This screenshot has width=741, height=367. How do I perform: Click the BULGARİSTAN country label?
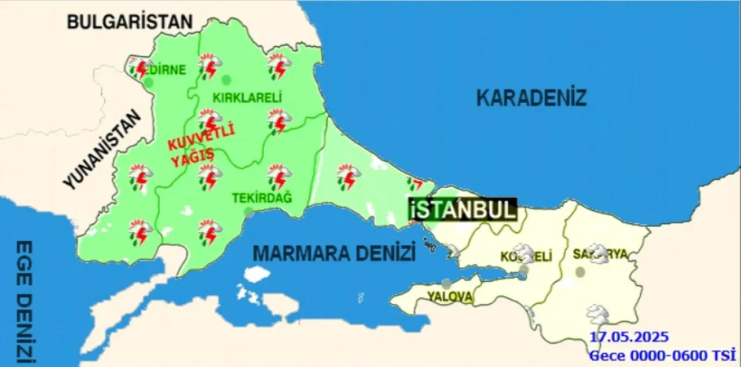129,22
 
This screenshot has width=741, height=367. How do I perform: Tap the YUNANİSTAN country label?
102,150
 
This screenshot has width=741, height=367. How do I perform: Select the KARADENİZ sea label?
531,98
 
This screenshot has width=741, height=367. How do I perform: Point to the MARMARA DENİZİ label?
335,253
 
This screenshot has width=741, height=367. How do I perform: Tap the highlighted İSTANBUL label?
463,210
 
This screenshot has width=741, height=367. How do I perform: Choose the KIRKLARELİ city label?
247,98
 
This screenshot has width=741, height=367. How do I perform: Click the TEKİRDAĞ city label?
262,198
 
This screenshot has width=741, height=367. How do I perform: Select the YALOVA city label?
449,296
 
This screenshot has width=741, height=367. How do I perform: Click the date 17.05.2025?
629,337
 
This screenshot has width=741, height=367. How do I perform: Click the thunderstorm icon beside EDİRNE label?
140,68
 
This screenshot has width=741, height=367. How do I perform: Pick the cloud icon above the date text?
597,315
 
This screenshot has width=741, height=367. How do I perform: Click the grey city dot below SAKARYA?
580,271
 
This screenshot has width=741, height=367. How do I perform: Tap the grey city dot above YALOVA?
446,284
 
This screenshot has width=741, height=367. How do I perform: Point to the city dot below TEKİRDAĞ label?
249,212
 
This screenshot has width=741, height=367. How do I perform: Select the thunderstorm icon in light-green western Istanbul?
349,177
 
